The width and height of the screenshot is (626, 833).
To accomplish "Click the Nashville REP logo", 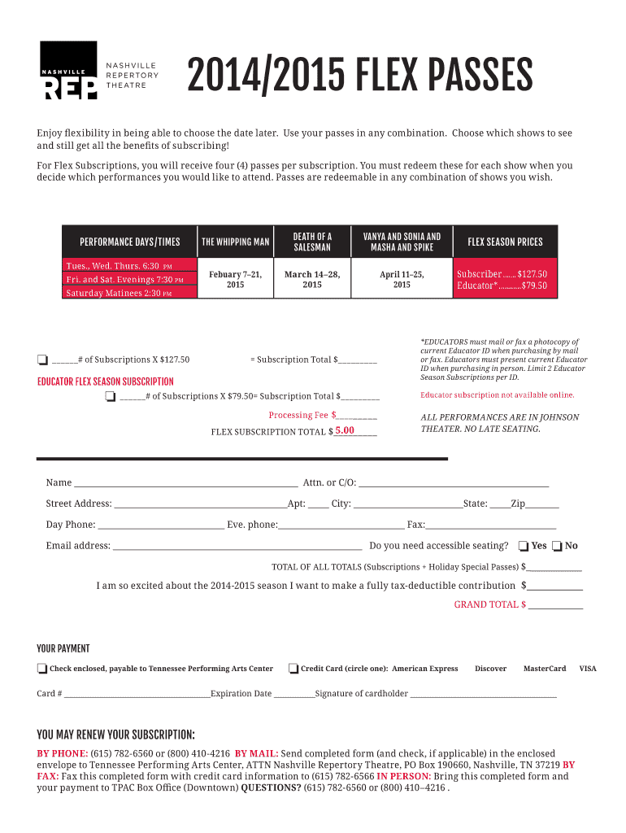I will tap(69, 71).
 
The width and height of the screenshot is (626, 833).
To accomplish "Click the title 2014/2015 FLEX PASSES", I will tap(359, 78).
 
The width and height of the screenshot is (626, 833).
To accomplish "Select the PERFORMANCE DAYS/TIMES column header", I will tap(130, 242).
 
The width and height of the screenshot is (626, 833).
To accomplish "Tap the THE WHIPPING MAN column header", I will tap(235, 242).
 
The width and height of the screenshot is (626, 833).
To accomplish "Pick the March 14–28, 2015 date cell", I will tap(312, 280).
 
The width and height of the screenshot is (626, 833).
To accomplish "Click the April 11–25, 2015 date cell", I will tap(402, 280).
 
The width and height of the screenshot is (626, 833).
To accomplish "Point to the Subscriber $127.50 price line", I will tap(502, 274).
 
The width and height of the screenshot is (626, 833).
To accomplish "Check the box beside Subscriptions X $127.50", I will tap(42, 360).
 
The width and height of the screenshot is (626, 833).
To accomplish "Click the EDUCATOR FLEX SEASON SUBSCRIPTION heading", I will tap(105, 381).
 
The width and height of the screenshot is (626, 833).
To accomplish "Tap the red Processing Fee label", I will tap(298, 415).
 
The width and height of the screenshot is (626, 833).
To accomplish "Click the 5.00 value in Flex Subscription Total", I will tap(345, 430).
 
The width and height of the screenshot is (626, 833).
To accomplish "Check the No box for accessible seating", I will tap(557, 546).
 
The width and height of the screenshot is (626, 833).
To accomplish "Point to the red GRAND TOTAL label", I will tap(489, 604).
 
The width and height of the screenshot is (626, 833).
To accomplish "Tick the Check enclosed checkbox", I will tap(41, 669).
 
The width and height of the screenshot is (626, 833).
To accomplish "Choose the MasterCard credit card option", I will tap(544, 669).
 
